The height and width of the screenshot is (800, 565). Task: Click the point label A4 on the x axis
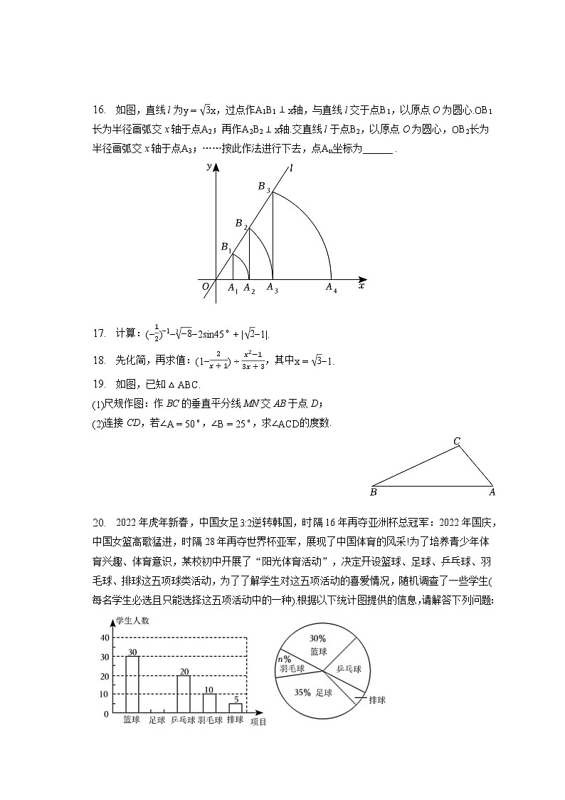pos(331,289)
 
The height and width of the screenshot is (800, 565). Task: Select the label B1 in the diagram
pos(226,248)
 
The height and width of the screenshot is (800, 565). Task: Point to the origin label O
pos(205,286)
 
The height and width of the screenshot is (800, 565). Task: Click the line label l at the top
pos(291,168)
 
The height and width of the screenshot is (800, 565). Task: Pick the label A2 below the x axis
pos(249,289)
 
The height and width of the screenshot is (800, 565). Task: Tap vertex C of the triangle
pos(458,441)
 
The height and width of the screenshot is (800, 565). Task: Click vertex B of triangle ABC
pos(374,492)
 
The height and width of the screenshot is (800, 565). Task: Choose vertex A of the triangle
pos(492,492)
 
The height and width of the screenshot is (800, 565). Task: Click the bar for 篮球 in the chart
pos(132,684)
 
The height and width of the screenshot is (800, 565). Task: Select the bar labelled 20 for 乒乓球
pos(184,694)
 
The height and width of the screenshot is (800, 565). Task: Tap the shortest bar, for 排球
pos(236,707)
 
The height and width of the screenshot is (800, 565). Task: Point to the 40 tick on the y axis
pos(105,638)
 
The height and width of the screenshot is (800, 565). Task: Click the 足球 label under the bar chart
pos(157,720)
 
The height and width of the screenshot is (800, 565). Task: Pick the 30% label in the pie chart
pos(317,638)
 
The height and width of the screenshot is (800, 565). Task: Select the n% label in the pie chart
pos(284,659)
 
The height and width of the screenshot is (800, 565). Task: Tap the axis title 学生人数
pos(133,620)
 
